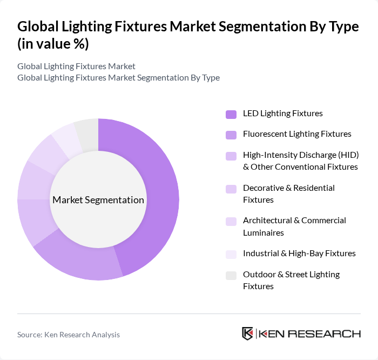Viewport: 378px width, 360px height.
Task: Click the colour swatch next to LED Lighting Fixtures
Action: [231, 114]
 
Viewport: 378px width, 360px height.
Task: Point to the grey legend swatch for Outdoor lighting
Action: [231, 275]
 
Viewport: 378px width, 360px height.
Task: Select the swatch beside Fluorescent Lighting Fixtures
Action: [231, 135]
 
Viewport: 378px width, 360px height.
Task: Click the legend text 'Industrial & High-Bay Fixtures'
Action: [299, 253]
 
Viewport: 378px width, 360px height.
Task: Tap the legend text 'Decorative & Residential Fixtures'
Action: [289, 194]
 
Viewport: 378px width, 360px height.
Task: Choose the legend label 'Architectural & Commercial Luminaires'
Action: [294, 226]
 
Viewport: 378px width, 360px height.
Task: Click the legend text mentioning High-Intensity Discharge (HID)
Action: [300, 161]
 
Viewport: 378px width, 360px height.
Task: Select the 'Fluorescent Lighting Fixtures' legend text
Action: [297, 134]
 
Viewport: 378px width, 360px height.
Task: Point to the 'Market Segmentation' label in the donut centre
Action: [98, 200]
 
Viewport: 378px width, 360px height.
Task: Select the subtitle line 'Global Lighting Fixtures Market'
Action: [76, 66]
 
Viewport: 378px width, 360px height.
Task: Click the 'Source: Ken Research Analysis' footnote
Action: [69, 335]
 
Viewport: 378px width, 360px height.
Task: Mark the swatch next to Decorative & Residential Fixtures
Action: [231, 189]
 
